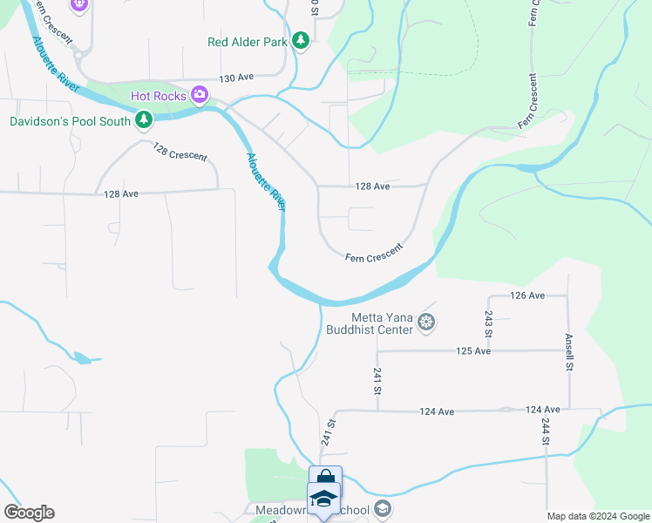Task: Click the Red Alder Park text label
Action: [248, 41]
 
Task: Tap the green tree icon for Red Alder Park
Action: [300, 41]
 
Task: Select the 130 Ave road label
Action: [236, 78]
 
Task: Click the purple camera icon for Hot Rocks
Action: [200, 94]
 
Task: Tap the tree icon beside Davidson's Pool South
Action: [143, 120]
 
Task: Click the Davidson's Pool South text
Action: [70, 121]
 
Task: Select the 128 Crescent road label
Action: [180, 152]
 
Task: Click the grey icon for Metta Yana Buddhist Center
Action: [426, 323]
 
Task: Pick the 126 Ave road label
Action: [527, 295]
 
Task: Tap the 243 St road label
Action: [489, 323]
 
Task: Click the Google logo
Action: [29, 513]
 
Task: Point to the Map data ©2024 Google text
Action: [598, 516]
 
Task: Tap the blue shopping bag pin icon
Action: [325, 480]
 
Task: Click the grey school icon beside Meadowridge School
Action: [383, 509]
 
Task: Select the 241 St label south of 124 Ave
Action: [328, 432]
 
